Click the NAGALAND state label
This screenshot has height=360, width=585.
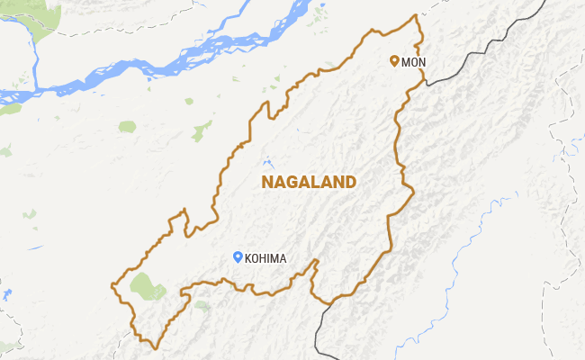pyautogui.click(x=309, y=182)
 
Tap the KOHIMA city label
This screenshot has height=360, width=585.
pyautogui.click(x=265, y=258)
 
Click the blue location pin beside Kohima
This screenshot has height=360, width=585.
pyautogui.click(x=238, y=256)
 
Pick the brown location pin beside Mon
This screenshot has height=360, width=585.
pyautogui.click(x=393, y=61)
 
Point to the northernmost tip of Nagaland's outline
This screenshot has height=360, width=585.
pyautogui.click(x=415, y=15)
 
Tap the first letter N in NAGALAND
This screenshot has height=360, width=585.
pyautogui.click(x=266, y=182)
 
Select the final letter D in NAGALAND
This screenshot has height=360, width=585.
pyautogui.click(x=350, y=182)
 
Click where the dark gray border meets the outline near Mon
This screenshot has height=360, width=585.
pyautogui.click(x=424, y=84)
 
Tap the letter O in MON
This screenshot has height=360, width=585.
pyautogui.click(x=412, y=62)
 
